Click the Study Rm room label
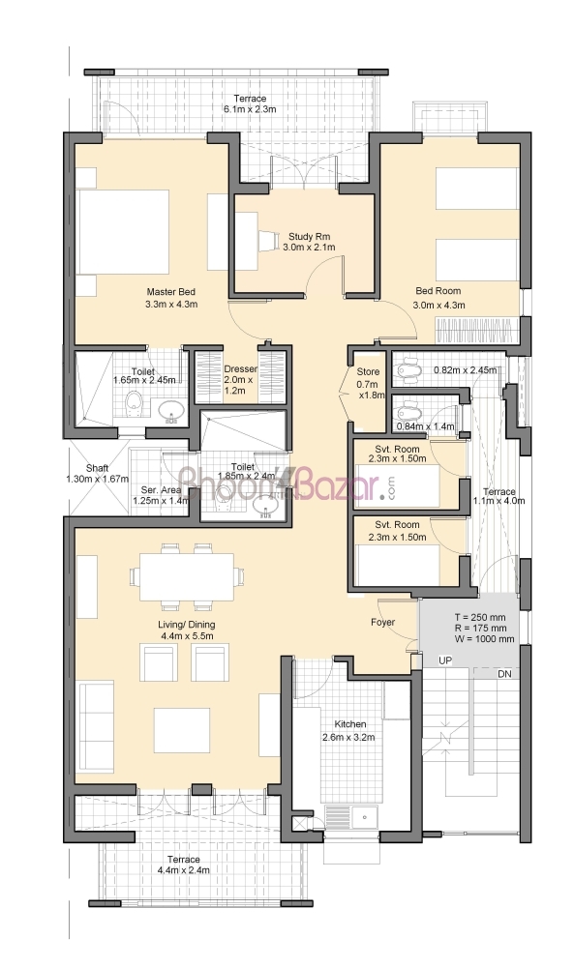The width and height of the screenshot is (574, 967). (x=309, y=236)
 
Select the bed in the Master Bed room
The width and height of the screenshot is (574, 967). (x=123, y=231)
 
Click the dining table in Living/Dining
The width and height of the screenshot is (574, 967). (x=187, y=576)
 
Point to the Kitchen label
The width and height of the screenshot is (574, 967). (x=350, y=724)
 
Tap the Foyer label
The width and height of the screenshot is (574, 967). (x=382, y=622)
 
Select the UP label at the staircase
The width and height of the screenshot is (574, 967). (x=445, y=660)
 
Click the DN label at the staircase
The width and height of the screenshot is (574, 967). (x=505, y=674)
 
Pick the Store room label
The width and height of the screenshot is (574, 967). (x=368, y=372)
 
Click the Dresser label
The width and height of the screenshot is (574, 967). (x=240, y=368)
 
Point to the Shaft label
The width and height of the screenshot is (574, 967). (x=98, y=468)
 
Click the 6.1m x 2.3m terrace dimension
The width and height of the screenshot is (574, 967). (x=250, y=109)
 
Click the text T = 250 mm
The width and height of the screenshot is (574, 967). (x=480, y=617)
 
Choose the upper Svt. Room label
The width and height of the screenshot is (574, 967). (x=397, y=449)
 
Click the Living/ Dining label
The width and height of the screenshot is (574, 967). (x=187, y=625)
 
